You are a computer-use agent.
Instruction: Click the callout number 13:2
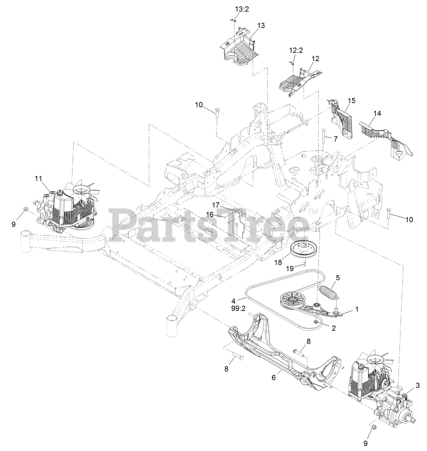[242, 9]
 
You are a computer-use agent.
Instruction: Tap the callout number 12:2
[296, 50]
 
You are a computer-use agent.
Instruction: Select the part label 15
[352, 100]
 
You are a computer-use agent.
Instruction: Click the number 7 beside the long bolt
[335, 139]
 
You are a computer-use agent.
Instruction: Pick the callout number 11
[38, 179]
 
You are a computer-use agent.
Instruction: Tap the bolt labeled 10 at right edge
[388, 212]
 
